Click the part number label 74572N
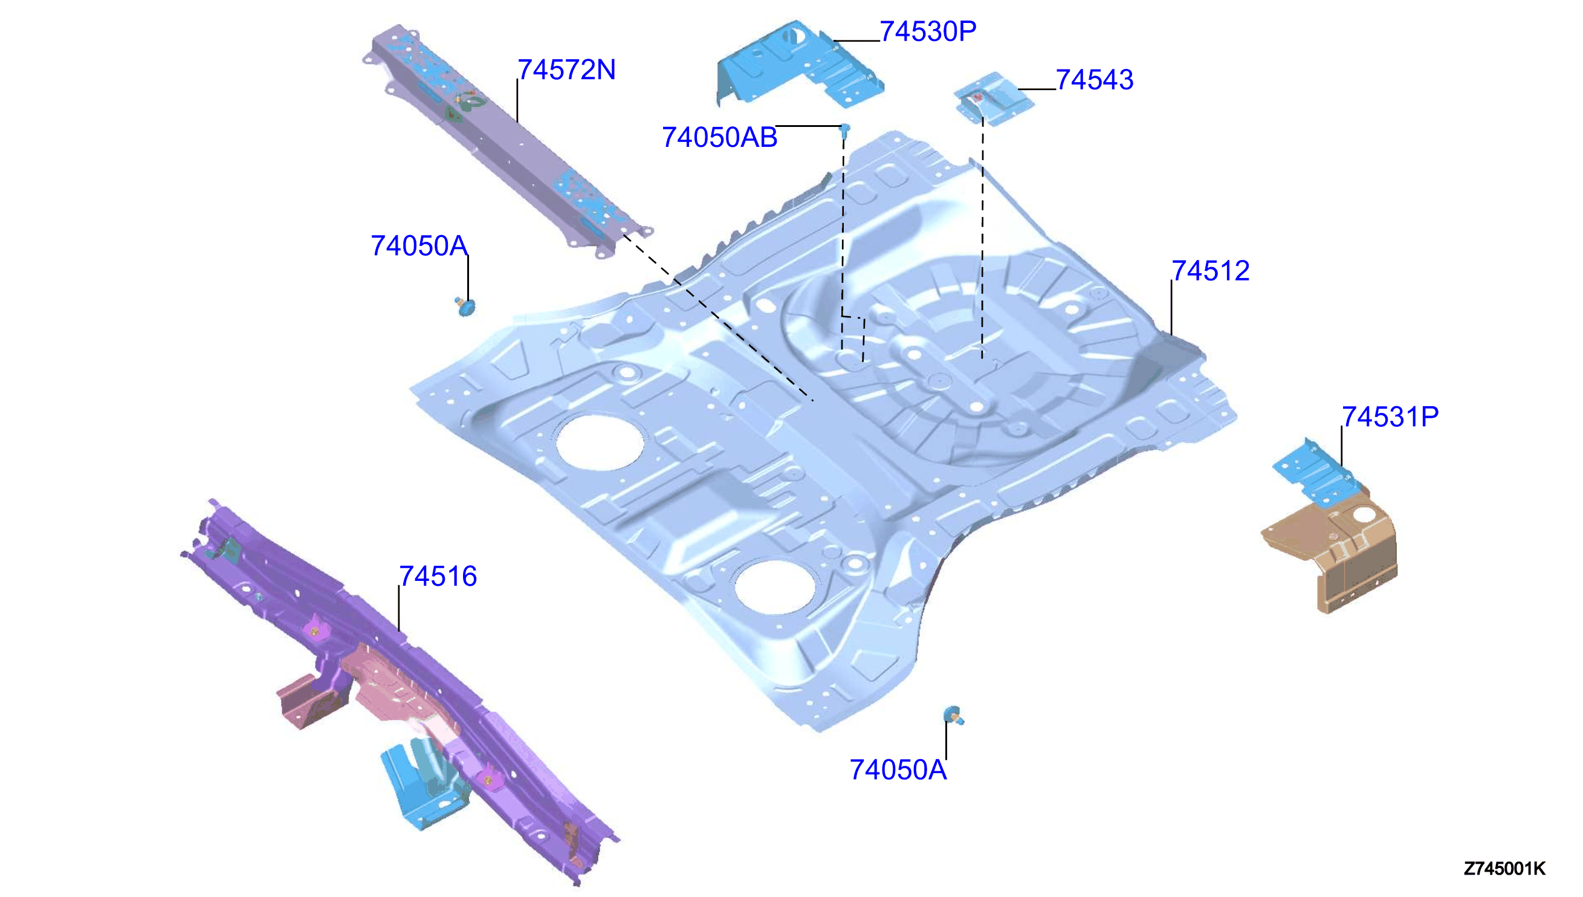pos(566,70)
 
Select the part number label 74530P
pos(928,31)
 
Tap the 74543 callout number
pos(1095,79)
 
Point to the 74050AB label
pos(719,137)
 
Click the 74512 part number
pos(1209,270)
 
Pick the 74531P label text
pos(1390,416)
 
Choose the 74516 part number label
pos(438,576)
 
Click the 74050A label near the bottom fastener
pos(898,769)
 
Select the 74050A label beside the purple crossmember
pos(419,245)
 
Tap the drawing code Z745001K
pos(1504,869)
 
